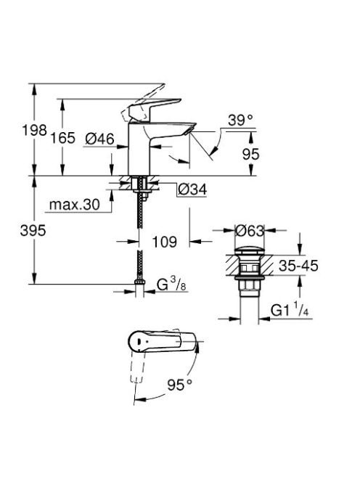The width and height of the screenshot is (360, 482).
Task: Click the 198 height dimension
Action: [34, 131]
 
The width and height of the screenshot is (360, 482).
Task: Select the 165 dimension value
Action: [62, 138]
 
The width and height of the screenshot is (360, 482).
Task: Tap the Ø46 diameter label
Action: [99, 139]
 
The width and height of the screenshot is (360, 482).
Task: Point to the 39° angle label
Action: [240, 120]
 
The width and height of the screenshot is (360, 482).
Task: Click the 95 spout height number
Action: [251, 154]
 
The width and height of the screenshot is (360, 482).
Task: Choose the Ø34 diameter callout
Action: [192, 189]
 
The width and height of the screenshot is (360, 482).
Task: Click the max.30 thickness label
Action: [75, 205]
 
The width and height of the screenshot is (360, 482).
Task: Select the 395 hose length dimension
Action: [33, 230]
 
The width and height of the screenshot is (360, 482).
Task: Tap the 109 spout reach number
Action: [165, 242]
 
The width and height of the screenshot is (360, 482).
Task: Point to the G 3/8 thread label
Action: [171, 285]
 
